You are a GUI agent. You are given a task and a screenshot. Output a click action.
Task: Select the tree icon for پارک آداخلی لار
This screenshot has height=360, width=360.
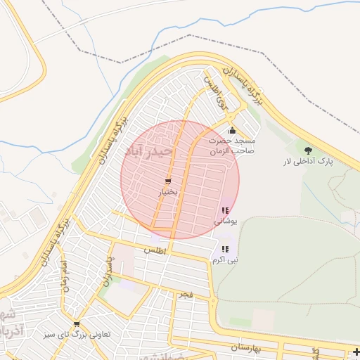[308, 150]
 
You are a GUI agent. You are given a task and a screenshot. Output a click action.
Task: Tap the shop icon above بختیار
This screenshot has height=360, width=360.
[167, 181]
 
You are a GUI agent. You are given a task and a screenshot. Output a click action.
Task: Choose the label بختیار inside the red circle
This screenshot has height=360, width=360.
[167, 192]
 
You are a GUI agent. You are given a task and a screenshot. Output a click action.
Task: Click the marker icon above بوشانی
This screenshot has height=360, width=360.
[225, 210]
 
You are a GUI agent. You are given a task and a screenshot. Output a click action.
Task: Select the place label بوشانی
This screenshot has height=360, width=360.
[226, 221]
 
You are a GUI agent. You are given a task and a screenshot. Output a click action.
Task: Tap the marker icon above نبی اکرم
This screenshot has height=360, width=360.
[225, 249]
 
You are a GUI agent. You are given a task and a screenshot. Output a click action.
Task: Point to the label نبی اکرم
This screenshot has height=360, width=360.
[226, 259]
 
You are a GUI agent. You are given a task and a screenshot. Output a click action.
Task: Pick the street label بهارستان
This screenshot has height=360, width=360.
[245, 348]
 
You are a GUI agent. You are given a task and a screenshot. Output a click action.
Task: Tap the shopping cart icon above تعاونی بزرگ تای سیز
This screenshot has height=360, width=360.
[76, 323]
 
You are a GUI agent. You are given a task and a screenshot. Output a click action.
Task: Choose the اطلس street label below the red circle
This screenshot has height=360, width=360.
[153, 250]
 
